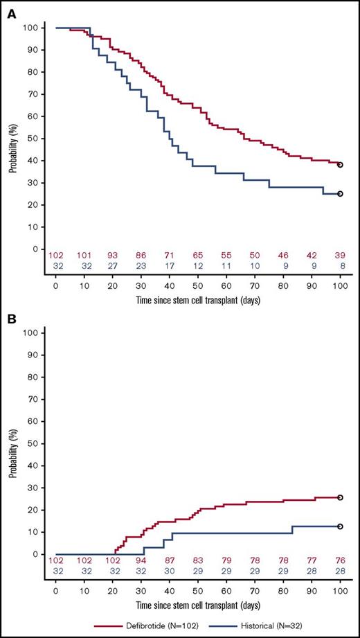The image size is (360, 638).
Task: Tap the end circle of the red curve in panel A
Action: tap(340, 165)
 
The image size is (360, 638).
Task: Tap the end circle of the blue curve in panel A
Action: tap(340, 194)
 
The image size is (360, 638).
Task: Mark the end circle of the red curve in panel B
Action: tap(340, 497)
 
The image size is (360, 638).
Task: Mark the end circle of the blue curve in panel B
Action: tap(340, 526)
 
